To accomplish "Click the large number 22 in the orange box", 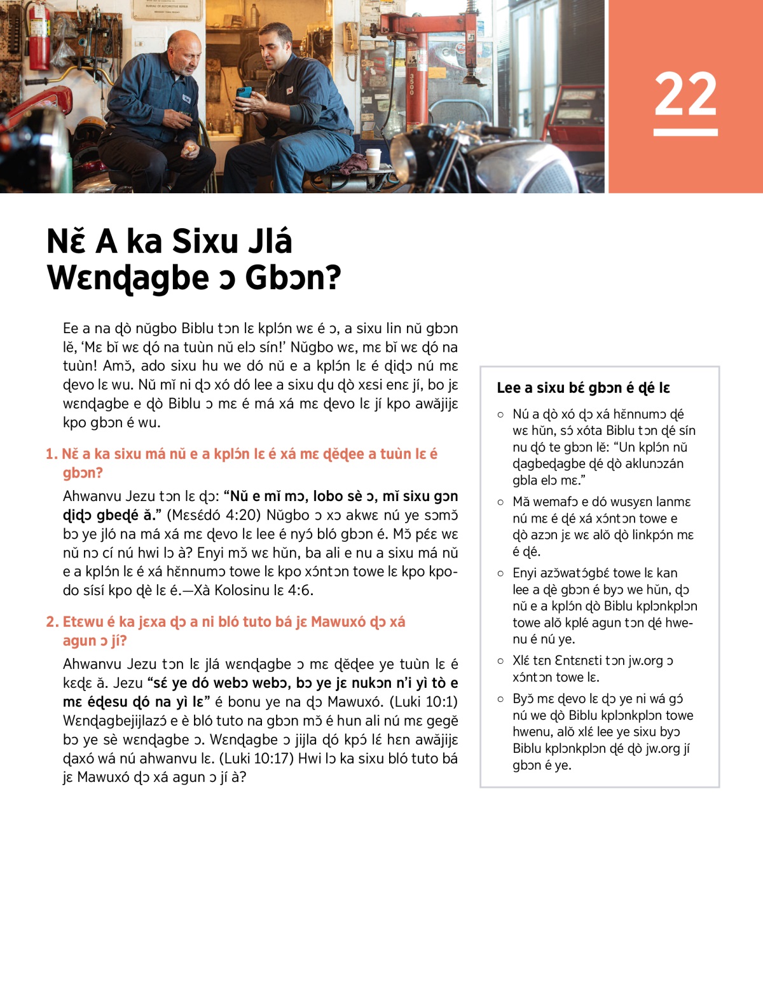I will point(685,93).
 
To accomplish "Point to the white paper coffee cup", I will point(373,159).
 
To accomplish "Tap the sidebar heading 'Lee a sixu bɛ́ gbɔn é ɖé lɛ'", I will point(583,388).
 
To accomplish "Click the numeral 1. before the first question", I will point(52,454).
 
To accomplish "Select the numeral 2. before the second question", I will point(52,622).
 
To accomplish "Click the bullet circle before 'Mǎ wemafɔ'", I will point(500,502).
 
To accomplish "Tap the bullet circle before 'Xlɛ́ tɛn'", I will point(500,661).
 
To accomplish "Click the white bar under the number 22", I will point(685,132).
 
